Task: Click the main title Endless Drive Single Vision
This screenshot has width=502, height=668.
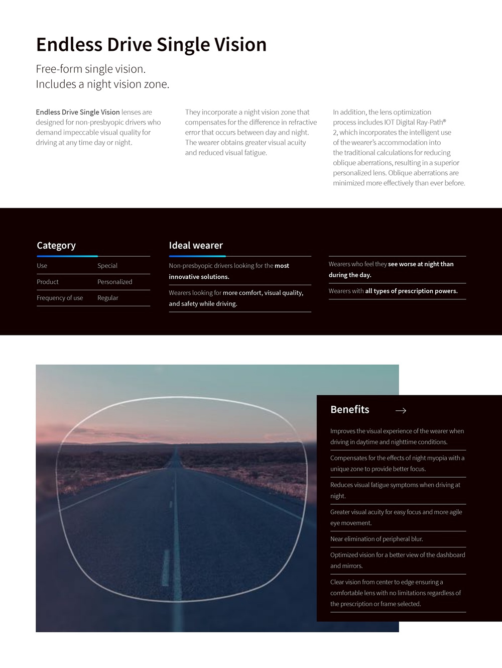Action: click(x=151, y=45)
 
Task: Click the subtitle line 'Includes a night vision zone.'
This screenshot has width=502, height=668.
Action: click(x=102, y=84)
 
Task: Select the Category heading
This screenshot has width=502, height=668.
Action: click(x=56, y=246)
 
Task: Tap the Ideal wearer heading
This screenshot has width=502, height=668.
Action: click(x=196, y=246)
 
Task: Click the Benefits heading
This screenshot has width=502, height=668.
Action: click(x=349, y=410)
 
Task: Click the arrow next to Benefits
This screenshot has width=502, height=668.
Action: click(x=401, y=411)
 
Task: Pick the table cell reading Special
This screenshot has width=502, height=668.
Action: click(x=107, y=266)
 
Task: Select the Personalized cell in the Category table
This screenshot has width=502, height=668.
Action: click(x=115, y=282)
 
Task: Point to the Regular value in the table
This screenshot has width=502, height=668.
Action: click(x=108, y=298)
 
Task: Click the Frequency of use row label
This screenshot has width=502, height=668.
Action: click(x=60, y=298)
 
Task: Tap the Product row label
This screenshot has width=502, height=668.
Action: click(x=48, y=282)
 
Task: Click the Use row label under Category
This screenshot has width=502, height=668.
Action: click(x=42, y=266)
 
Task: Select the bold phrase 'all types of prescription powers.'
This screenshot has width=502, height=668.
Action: click(x=411, y=291)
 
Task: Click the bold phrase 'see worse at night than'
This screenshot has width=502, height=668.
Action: click(x=421, y=264)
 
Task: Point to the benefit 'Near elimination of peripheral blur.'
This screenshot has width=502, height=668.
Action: click(x=376, y=539)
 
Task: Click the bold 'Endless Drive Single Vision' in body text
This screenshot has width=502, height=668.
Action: click(x=78, y=113)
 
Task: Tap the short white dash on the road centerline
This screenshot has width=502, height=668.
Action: click(x=166, y=568)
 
